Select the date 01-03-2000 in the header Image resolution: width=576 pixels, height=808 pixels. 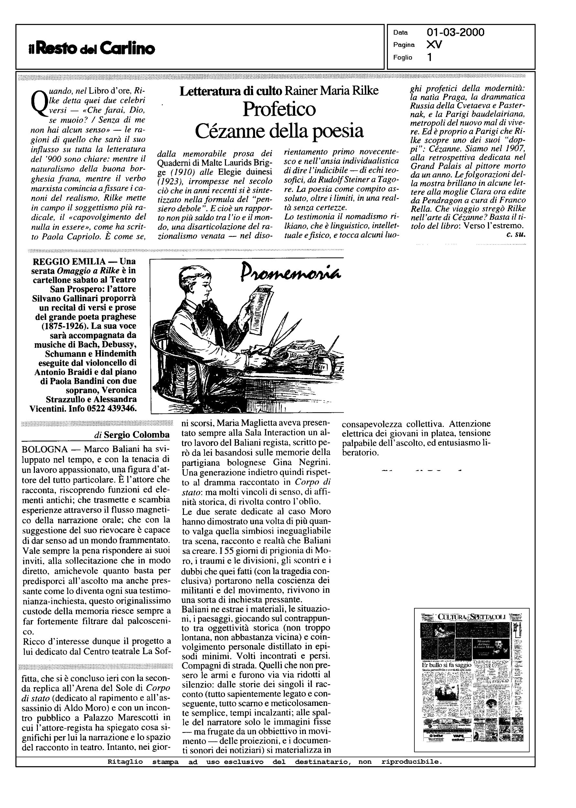pos(455,33)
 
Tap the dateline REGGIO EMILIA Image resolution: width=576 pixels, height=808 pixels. pos(69,262)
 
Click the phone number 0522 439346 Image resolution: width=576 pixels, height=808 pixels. pos(112,409)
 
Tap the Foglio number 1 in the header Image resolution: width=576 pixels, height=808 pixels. pos(430,58)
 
